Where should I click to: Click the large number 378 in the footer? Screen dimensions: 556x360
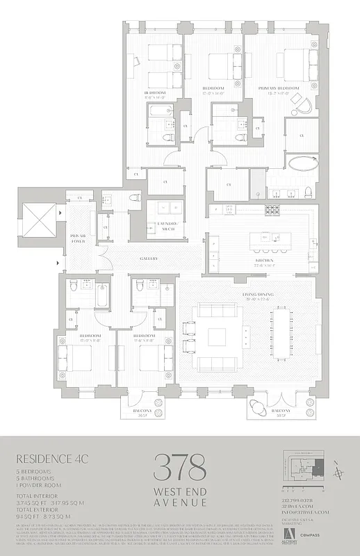click(179, 463)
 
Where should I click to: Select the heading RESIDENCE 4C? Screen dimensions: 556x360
click(46, 458)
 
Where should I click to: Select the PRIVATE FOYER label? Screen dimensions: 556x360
click(77, 239)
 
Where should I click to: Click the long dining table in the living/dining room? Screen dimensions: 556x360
click(283, 337)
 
